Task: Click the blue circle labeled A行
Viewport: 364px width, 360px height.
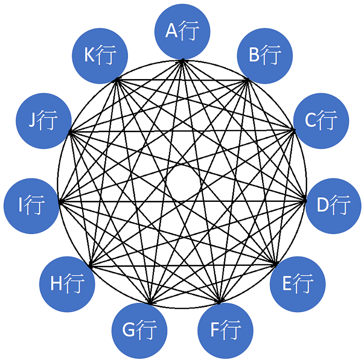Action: click(183, 32)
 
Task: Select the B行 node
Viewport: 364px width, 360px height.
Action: click(264, 54)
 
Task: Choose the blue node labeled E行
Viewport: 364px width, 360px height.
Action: click(298, 284)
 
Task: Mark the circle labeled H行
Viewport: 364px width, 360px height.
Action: click(67, 284)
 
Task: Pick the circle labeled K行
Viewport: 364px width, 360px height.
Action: click(100, 54)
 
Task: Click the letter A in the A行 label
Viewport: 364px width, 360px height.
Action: click(172, 32)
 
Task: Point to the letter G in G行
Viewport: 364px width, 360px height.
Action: click(128, 330)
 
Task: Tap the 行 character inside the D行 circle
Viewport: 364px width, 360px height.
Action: click(341, 205)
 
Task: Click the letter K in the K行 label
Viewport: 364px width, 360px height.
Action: click(90, 55)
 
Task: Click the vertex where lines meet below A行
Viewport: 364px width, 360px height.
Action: click(183, 60)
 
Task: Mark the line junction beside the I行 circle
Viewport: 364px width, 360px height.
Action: click(60, 201)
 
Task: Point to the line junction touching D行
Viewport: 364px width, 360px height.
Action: click(305, 201)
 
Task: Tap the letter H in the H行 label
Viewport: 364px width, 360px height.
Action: click(57, 285)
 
